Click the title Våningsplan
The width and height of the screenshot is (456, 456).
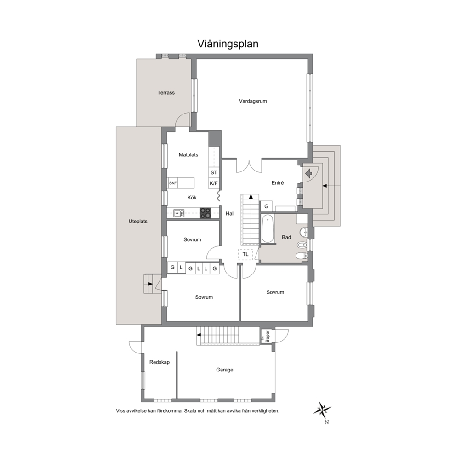tap(228, 44)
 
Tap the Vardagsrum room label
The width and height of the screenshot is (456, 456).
tap(253, 101)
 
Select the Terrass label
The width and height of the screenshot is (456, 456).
tap(166, 93)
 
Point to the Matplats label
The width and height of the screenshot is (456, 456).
tap(188, 155)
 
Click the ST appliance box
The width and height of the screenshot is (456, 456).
tap(214, 172)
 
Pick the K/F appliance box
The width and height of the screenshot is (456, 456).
tap(214, 183)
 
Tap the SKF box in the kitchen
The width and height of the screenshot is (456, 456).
tap(173, 183)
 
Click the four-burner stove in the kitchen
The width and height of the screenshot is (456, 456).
tap(205, 213)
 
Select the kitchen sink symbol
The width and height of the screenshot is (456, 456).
tap(179, 213)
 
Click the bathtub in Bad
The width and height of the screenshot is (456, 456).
tap(268, 228)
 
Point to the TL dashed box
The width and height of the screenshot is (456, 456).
tap(245, 254)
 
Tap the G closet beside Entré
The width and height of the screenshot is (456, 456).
tap(266, 206)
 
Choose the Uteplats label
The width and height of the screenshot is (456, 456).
tap(138, 221)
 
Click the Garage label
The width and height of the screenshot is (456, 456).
tap(224, 370)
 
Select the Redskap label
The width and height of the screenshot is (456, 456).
tap(160, 362)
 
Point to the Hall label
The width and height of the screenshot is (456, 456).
tap(230, 214)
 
